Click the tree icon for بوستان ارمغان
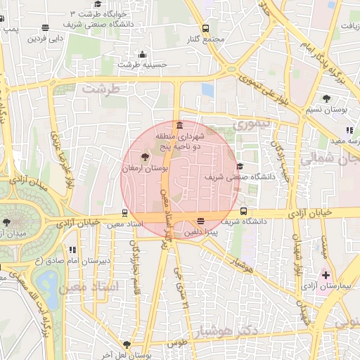pyautogui.click(x=145, y=157)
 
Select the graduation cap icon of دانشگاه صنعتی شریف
pyautogui.click(x=240, y=167)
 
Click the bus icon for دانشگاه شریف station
pyautogui.click(x=243, y=211)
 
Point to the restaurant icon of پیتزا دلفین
pyautogui.click(x=201, y=221)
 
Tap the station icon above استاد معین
pyautogui.click(x=125, y=212)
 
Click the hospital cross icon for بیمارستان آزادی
pyautogui.click(x=325, y=274)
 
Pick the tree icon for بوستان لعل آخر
pyautogui.click(x=126, y=345)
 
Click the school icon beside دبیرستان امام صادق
pyautogui.click(x=72, y=249)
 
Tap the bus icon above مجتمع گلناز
pyautogui.click(x=205, y=28)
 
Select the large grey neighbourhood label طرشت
pyautogui.click(x=96, y=89)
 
